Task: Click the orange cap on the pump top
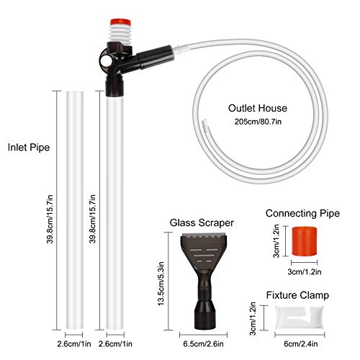pyautogui.click(x=120, y=22)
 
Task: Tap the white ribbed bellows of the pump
pyautogui.click(x=120, y=35)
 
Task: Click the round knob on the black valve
pyautogui.click(x=105, y=62)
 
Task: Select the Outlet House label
pyautogui.click(x=258, y=108)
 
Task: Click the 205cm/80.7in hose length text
pyautogui.click(x=258, y=122)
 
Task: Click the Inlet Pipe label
pyautogui.click(x=29, y=147)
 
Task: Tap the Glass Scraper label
pyautogui.click(x=202, y=222)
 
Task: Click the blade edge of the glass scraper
pyautogui.click(x=204, y=235)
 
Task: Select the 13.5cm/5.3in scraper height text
pyautogui.click(x=161, y=284)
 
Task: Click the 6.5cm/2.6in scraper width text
pyautogui.click(x=203, y=344)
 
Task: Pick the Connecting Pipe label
pyautogui.click(x=302, y=213)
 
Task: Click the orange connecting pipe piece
pyautogui.click(x=305, y=241)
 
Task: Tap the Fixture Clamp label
pyautogui.click(x=297, y=295)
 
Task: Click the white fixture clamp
pyautogui.click(x=300, y=318)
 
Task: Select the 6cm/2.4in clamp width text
pyautogui.click(x=301, y=344)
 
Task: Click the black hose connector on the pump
pyautogui.click(x=153, y=57)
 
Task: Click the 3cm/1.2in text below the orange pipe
pyautogui.click(x=305, y=272)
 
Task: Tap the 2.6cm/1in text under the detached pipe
pyautogui.click(x=74, y=344)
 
